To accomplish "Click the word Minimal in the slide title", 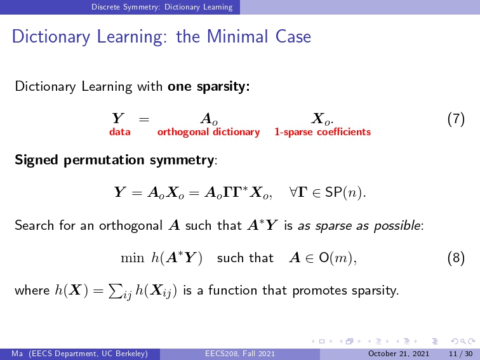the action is click(238, 36).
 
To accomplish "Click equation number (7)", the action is click(456, 119).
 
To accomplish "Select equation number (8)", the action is click(456, 258).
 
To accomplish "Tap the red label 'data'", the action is click(120, 132).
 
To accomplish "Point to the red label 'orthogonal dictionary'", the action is click(208, 132).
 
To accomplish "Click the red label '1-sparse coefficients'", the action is click(323, 132).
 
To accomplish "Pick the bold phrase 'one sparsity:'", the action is click(209, 86).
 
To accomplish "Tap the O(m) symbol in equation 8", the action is click(337, 258).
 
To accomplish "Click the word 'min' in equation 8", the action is click(132, 258).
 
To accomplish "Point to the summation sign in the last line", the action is click(115, 291).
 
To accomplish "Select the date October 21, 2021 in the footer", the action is click(399, 354).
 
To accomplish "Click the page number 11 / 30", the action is click(461, 354).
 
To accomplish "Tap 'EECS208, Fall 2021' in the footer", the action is click(240, 354).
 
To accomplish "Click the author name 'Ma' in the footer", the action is click(17, 354).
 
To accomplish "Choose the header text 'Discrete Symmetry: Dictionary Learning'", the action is click(162, 7).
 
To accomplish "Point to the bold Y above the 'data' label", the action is click(118, 119).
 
